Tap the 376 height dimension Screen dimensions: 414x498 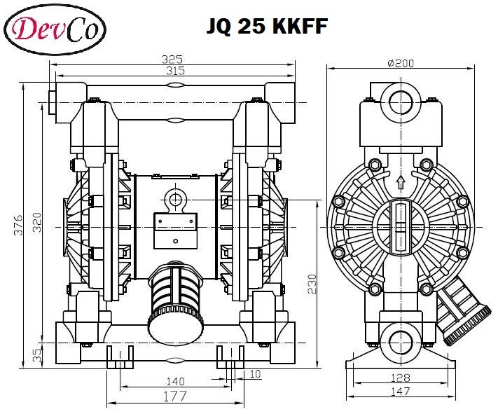[20, 224]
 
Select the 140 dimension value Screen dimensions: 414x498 [175, 381]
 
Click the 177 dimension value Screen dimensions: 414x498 [175, 396]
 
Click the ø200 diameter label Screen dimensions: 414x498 [401, 62]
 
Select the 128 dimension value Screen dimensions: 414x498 [400, 378]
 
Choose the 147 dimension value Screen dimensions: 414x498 [400, 392]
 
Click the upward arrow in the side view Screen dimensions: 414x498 [400, 184]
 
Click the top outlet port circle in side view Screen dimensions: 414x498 [400, 100]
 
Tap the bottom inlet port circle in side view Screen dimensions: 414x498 [400, 341]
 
